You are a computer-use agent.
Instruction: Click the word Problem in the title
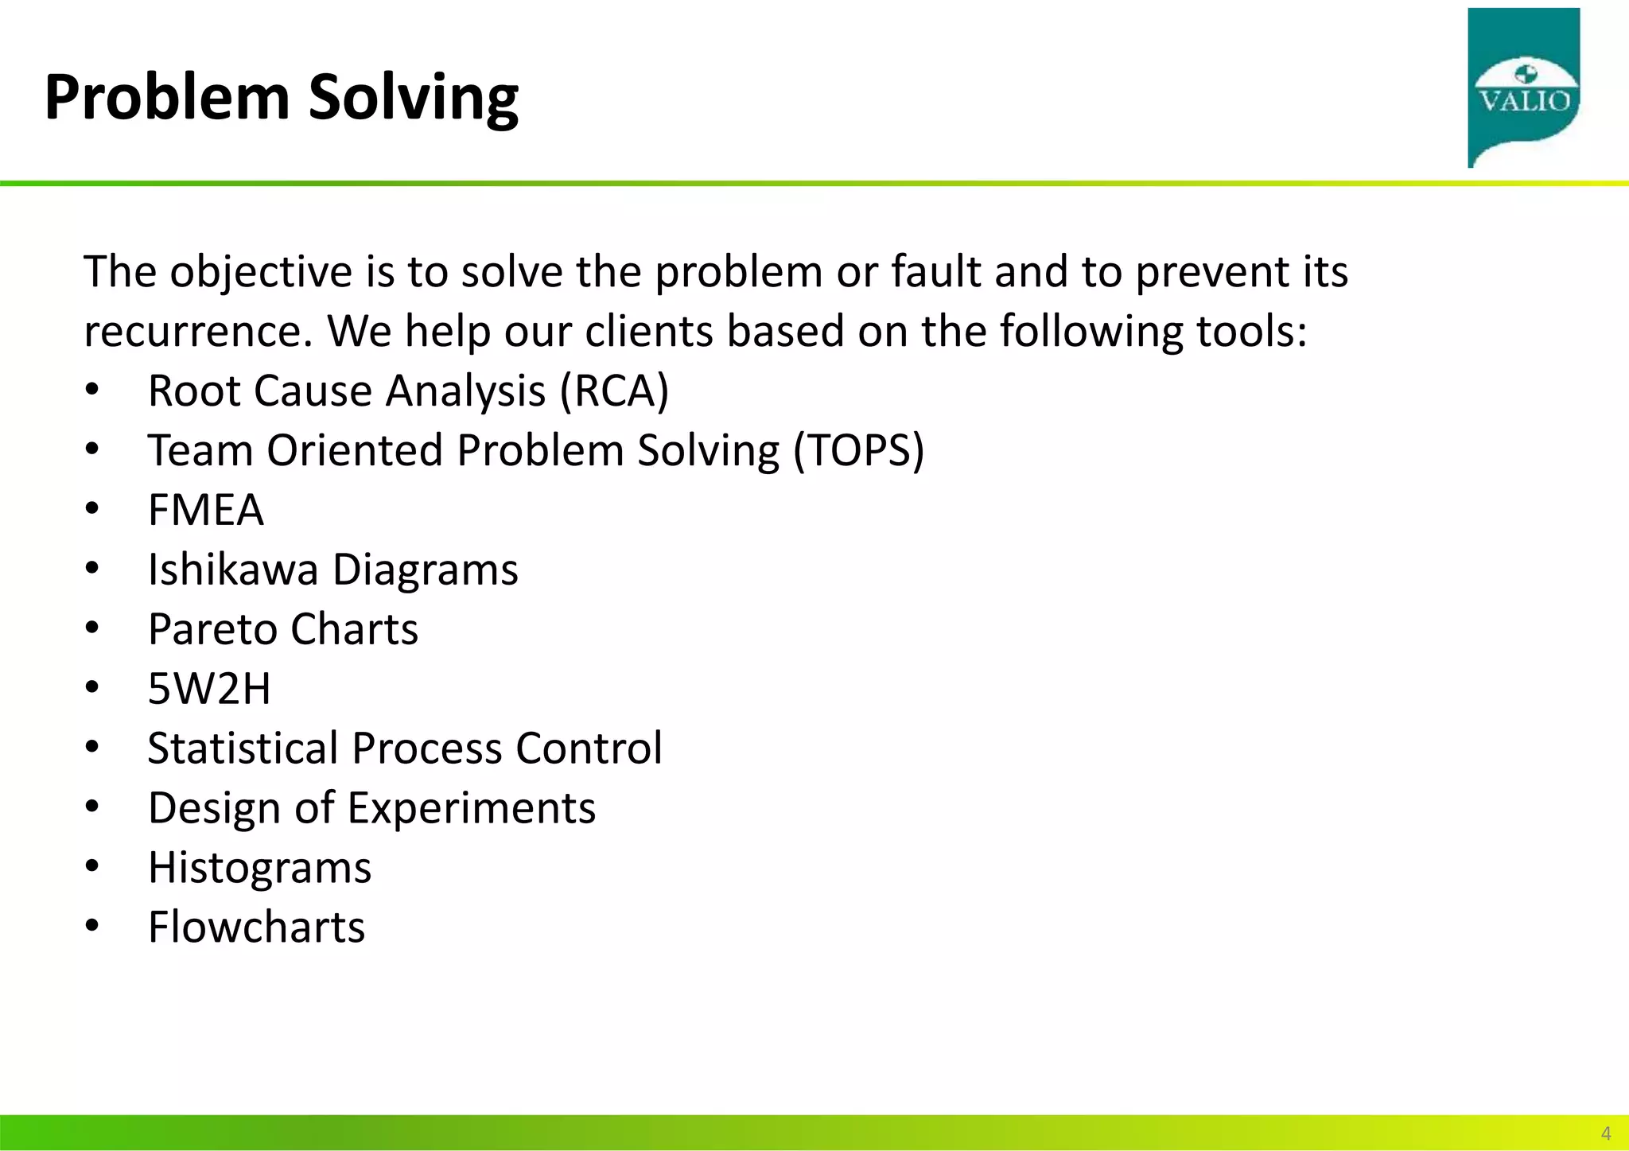[x=167, y=97]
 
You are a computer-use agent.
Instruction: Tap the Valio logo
[x=1523, y=87]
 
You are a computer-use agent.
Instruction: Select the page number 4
[x=1605, y=1134]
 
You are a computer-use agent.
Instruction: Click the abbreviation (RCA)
[x=614, y=391]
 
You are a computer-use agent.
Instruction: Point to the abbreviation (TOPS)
[x=858, y=451]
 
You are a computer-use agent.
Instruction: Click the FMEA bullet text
[x=205, y=510]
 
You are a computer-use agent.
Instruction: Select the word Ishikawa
[x=232, y=570]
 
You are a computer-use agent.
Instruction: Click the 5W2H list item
[x=209, y=689]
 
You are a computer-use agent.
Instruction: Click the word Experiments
[x=471, y=808]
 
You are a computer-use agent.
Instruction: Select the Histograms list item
[x=259, y=868]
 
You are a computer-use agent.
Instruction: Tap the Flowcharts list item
[x=256, y=927]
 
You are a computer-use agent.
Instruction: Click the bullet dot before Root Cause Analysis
[x=92, y=391]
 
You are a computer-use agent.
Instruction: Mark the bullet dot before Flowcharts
[x=92, y=927]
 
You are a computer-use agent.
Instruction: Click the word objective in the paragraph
[x=260, y=272]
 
